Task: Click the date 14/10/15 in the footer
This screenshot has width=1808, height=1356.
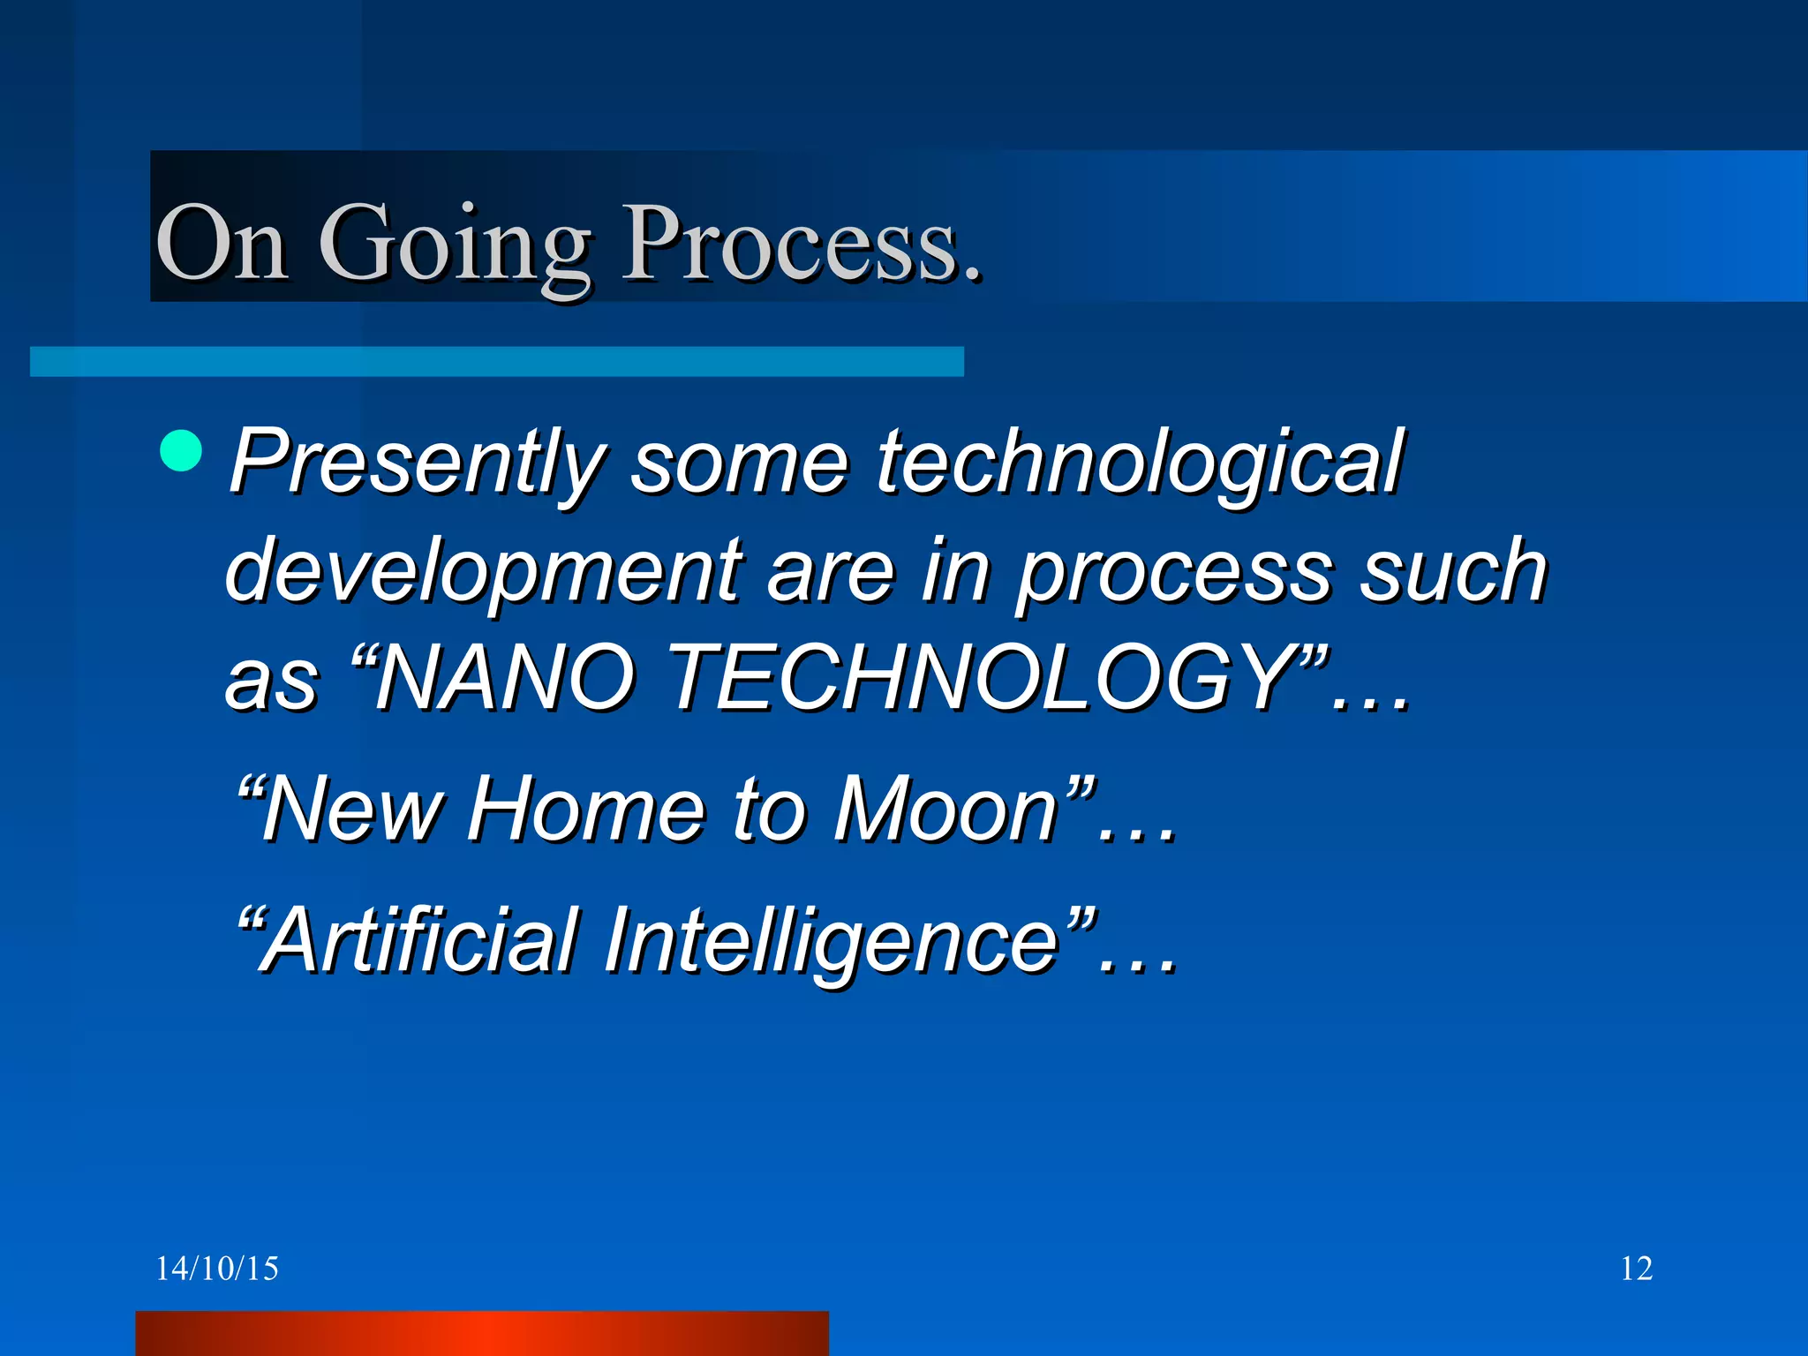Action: (217, 1269)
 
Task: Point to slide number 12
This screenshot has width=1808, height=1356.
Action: (1636, 1269)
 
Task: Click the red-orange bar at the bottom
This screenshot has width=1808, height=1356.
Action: (481, 1333)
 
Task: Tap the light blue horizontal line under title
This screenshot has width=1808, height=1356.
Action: (496, 362)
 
